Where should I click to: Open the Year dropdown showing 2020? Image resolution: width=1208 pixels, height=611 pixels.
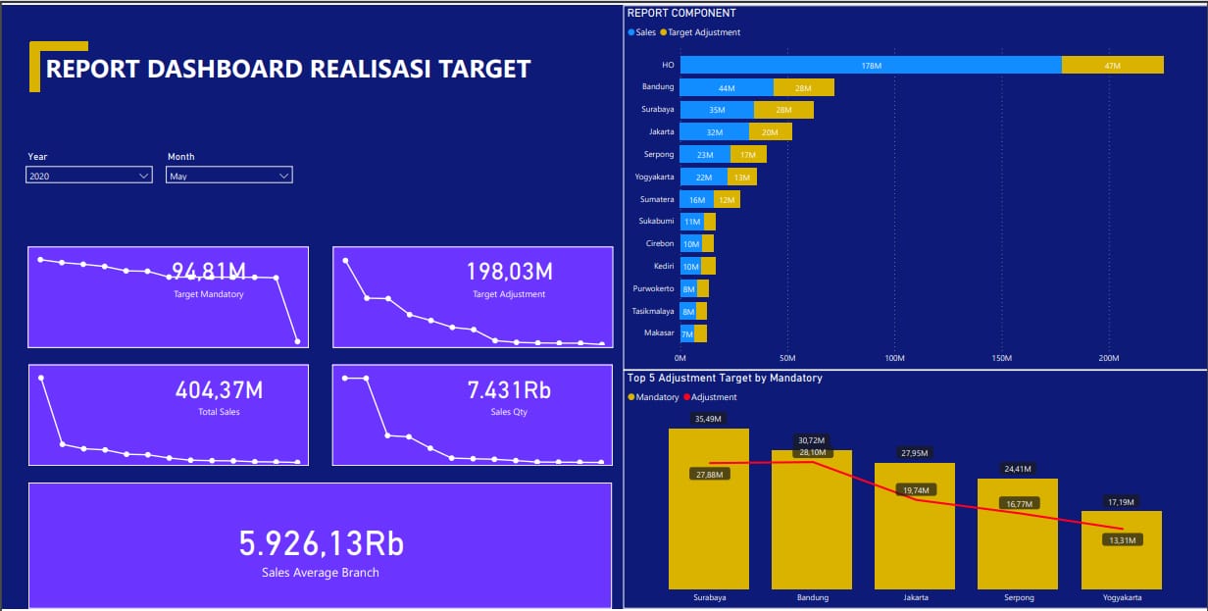[88, 176]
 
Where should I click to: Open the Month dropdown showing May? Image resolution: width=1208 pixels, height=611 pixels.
[229, 176]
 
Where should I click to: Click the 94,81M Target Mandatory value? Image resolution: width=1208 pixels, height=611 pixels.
[208, 271]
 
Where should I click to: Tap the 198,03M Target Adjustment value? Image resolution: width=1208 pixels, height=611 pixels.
[509, 271]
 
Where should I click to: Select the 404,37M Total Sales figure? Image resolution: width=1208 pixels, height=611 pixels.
[219, 389]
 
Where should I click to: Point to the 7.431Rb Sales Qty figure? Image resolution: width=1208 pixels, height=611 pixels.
[509, 389]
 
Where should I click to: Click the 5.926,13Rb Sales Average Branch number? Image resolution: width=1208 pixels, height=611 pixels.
[321, 543]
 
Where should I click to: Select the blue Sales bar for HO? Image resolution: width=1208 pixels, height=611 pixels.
[871, 65]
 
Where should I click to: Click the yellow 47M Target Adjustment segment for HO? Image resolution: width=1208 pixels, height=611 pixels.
[1112, 65]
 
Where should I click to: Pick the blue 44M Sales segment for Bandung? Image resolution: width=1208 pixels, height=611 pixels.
[727, 87]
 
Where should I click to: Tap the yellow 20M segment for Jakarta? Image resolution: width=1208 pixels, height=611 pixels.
[770, 131]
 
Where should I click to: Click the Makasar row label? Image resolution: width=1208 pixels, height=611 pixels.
[658, 333]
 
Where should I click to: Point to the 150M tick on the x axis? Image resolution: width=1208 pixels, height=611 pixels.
[1001, 358]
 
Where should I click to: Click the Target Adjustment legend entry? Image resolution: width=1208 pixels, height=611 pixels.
[703, 32]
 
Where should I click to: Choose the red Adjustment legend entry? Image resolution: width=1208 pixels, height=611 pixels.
[713, 397]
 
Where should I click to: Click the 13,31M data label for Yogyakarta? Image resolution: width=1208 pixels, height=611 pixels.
[1122, 540]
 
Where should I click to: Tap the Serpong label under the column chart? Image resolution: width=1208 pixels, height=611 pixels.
[1018, 597]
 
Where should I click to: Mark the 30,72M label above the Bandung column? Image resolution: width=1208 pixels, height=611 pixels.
[812, 440]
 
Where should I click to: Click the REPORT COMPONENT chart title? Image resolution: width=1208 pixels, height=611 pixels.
[681, 13]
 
